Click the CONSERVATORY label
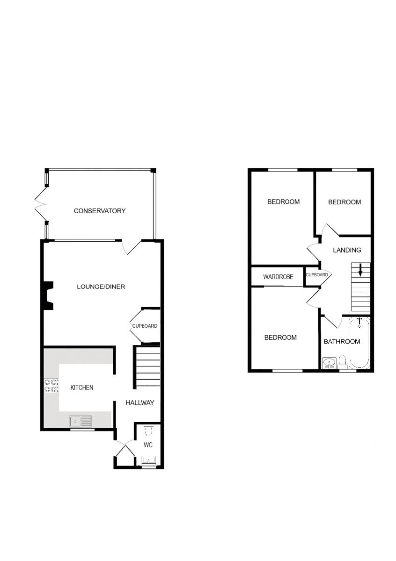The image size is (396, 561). pos(100,211)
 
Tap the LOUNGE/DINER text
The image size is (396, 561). pos(101,287)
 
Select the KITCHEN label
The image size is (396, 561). pos(82,388)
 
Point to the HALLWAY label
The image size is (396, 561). pos(139,403)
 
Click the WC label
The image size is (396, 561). pos(148,445)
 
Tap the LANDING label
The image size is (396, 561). pos(347,250)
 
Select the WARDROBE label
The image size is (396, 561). pos(278,277)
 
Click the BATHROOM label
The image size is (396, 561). pos(342,342)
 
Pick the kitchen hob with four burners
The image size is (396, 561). pos(51,386)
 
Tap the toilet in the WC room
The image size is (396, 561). pos(148,432)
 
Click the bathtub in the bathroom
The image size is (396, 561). pos(359,343)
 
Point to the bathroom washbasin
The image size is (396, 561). pos(329,363)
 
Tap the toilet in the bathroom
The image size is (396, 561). pos(342,362)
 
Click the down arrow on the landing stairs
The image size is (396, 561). pos(360,270)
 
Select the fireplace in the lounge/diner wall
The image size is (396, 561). pos(48,295)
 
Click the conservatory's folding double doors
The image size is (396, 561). pos(41,204)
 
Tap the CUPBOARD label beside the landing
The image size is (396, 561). pos(317,275)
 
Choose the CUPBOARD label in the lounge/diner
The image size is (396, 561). pos(145,326)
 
